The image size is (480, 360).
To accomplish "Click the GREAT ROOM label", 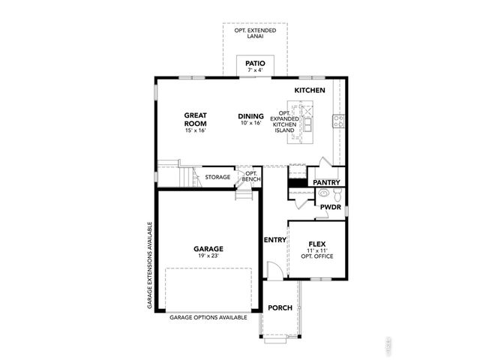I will (196, 119).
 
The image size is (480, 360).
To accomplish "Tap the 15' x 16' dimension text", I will (196, 130).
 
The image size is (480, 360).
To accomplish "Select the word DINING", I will (250, 115).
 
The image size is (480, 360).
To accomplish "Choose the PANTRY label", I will (326, 182).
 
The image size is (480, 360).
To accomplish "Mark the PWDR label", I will (330, 207).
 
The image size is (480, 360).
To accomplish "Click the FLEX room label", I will (316, 244).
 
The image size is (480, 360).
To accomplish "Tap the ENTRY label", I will (274, 240).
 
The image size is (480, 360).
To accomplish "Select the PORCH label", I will (280, 307).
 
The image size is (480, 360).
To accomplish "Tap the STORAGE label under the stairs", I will (217, 177).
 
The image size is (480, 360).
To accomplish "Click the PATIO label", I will (255, 64).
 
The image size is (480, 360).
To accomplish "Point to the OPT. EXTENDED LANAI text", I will (256, 34).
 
